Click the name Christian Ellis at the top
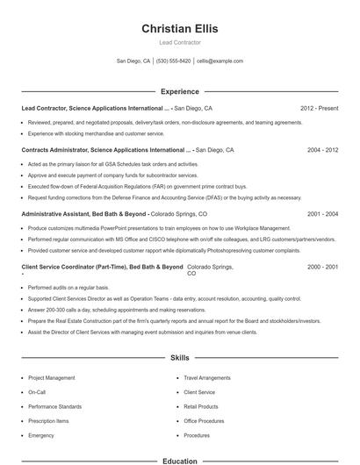(x=179, y=29)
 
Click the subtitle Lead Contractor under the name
(x=179, y=42)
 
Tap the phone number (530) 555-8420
(x=174, y=61)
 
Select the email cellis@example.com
(x=220, y=61)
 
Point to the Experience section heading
(x=179, y=91)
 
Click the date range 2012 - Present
(x=319, y=108)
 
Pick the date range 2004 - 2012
(x=322, y=150)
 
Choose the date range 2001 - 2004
(x=322, y=213)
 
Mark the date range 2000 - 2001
(x=322, y=266)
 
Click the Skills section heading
(x=179, y=358)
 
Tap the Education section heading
(x=179, y=460)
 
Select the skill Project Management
(x=52, y=377)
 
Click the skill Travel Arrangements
(x=206, y=377)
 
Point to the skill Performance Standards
(x=54, y=406)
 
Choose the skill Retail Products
(x=201, y=406)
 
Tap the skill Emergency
(x=41, y=434)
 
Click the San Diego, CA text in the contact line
(x=133, y=61)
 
